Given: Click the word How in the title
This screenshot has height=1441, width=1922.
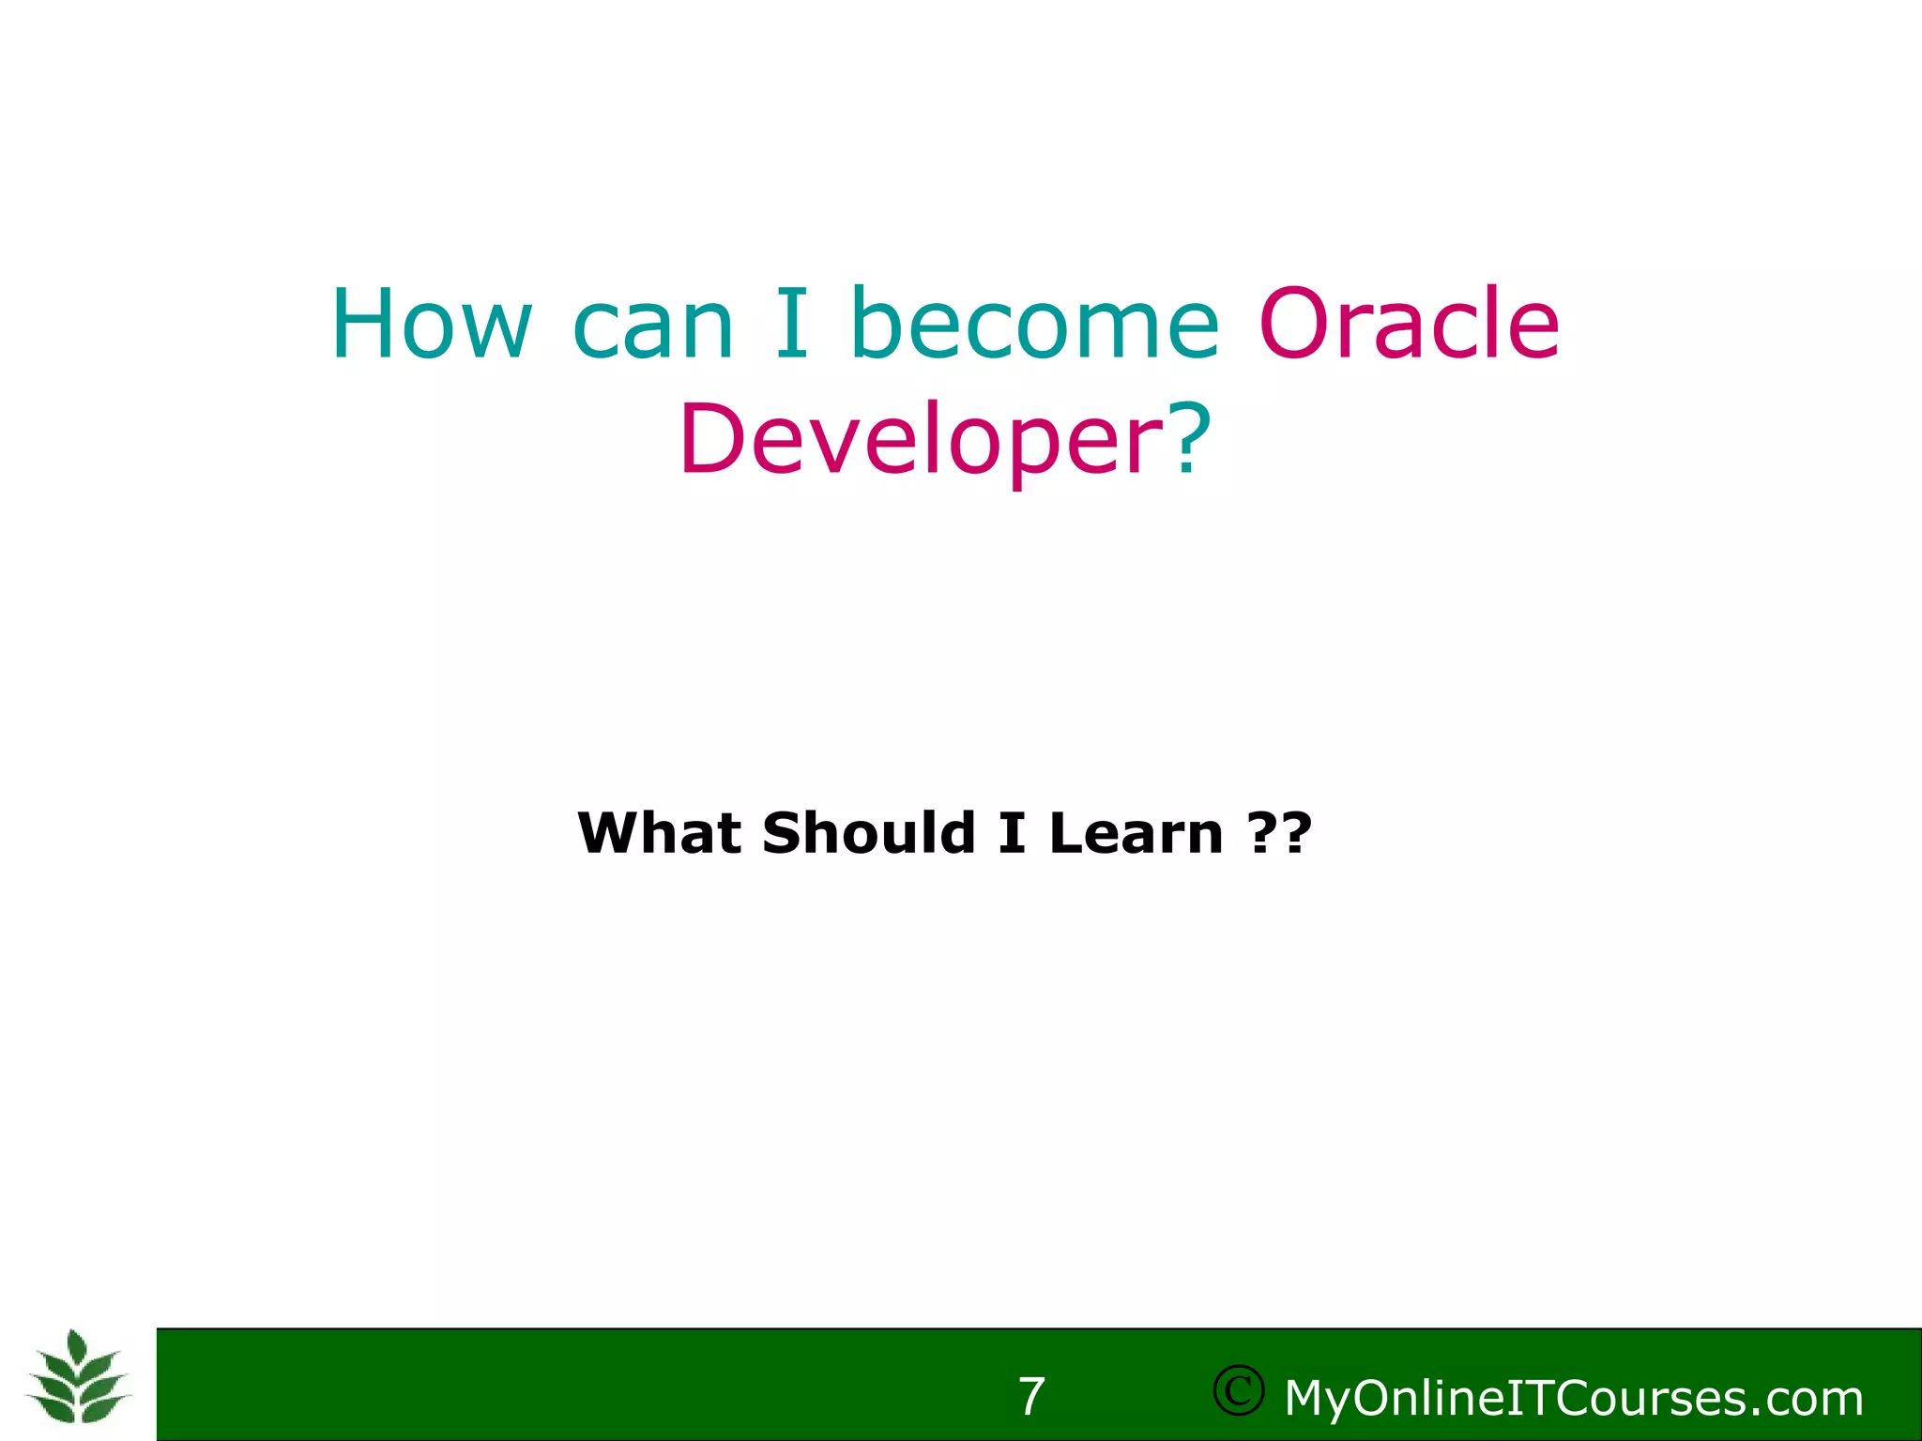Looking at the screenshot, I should click(x=432, y=324).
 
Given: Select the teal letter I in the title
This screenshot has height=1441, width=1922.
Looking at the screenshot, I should click(x=791, y=323).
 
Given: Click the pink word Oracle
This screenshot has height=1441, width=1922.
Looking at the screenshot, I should click(x=1409, y=323).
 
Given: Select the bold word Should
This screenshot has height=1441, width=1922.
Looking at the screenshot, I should click(x=869, y=832).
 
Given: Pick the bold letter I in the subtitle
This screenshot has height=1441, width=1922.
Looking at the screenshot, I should click(x=1012, y=833).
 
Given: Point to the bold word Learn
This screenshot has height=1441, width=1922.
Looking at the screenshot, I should click(x=1136, y=832).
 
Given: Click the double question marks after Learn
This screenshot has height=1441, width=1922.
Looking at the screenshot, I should click(x=1280, y=832).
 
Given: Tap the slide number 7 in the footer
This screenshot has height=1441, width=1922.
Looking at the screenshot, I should click(x=1031, y=1397).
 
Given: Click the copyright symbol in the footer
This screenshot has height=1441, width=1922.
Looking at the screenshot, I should click(x=1238, y=1390).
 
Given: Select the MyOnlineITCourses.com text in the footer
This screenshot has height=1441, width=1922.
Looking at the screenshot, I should click(x=1573, y=1399).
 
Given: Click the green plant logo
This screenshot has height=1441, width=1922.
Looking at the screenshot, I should click(x=79, y=1379).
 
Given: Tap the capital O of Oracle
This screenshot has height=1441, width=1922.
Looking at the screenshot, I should click(x=1296, y=323).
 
